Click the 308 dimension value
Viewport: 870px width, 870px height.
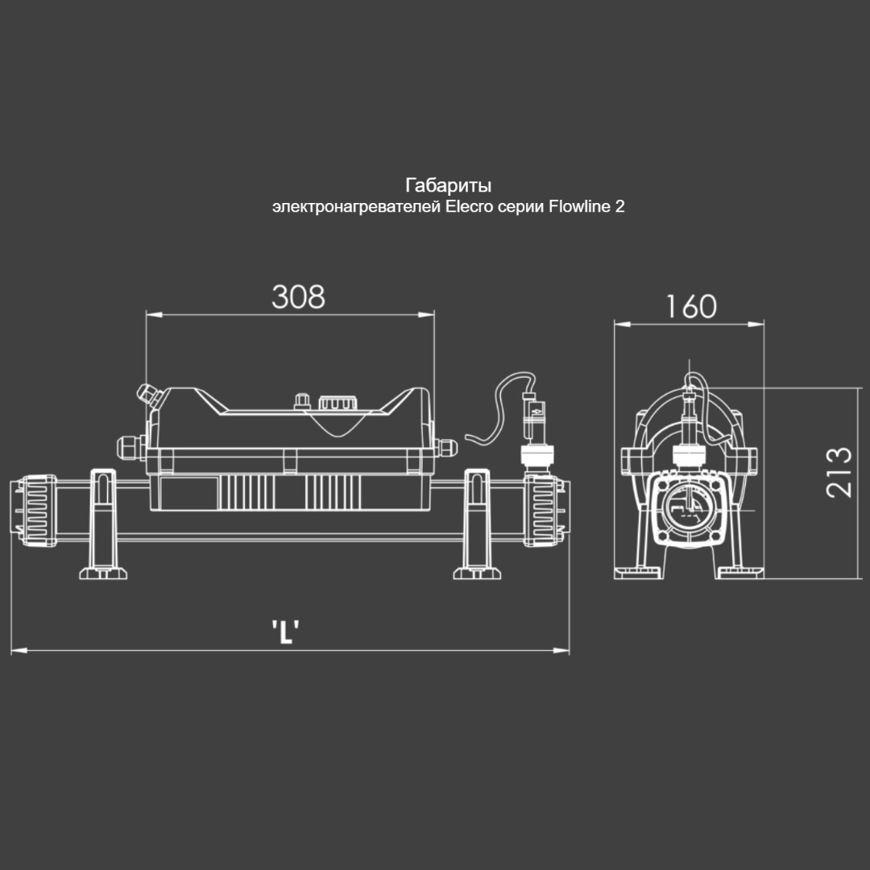pyautogui.click(x=298, y=296)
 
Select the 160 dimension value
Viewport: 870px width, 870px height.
pyautogui.click(x=691, y=307)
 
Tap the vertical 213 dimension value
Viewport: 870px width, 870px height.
pyautogui.click(x=839, y=471)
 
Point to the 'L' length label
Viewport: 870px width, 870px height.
pyautogui.click(x=286, y=632)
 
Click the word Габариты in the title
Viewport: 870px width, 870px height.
pyautogui.click(x=449, y=185)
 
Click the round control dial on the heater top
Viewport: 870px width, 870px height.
pyautogui.click(x=335, y=403)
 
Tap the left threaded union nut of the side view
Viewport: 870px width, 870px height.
pyautogui.click(x=35, y=510)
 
